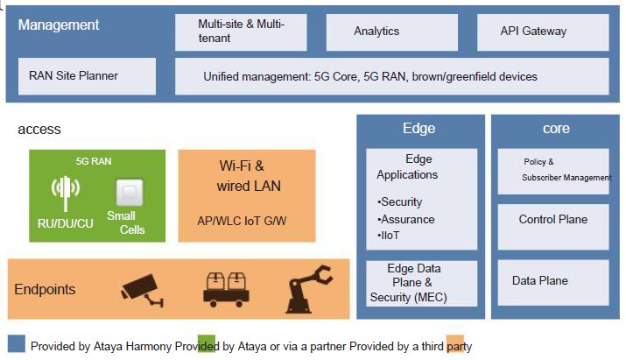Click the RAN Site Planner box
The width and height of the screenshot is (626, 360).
click(x=87, y=76)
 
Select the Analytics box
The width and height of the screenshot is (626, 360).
click(x=392, y=32)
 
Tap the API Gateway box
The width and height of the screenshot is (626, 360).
click(x=543, y=32)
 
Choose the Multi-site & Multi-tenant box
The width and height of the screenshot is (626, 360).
click(x=241, y=32)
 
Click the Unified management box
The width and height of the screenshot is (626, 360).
click(x=392, y=76)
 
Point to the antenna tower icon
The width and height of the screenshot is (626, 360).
click(x=66, y=194)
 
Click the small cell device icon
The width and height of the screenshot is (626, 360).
click(x=130, y=192)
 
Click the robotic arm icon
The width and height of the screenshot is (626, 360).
click(x=308, y=288)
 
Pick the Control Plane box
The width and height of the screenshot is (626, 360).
click(x=553, y=227)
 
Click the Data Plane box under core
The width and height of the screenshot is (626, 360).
click(x=553, y=283)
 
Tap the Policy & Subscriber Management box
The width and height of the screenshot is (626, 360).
click(x=553, y=172)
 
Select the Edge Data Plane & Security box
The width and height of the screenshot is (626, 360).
click(x=422, y=284)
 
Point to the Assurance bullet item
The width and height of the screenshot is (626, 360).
click(x=406, y=219)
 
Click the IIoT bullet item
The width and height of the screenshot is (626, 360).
click(x=389, y=236)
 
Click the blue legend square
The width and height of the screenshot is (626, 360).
click(x=17, y=343)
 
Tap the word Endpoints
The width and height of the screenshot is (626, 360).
click(x=45, y=289)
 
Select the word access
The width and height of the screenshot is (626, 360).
click(x=39, y=130)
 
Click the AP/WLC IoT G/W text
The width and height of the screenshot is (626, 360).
click(x=242, y=221)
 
